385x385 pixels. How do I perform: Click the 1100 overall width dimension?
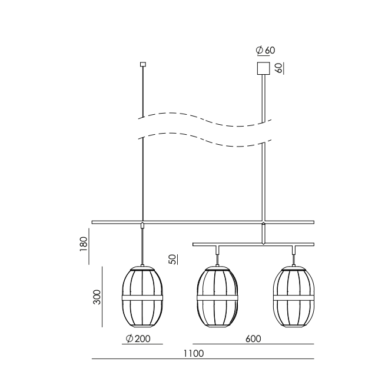[194, 354]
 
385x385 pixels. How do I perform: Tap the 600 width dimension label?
[253, 339]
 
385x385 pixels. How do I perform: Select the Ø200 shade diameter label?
[138, 339]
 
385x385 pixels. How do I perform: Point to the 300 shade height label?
[97, 297]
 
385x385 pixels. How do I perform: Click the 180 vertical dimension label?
[84, 244]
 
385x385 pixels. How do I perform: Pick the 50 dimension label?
[173, 260]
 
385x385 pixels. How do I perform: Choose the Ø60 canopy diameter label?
[265, 50]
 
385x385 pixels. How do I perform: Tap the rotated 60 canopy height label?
[278, 68]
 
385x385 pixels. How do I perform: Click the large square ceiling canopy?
[264, 68]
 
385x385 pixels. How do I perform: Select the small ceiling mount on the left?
[143, 64]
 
